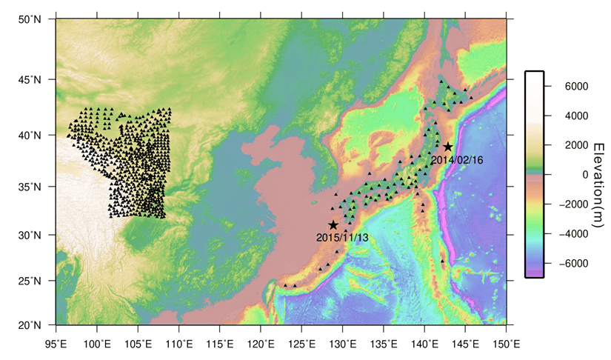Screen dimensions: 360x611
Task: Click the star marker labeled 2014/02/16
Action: pos(448,147)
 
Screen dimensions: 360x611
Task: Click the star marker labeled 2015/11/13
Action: pos(333,225)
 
